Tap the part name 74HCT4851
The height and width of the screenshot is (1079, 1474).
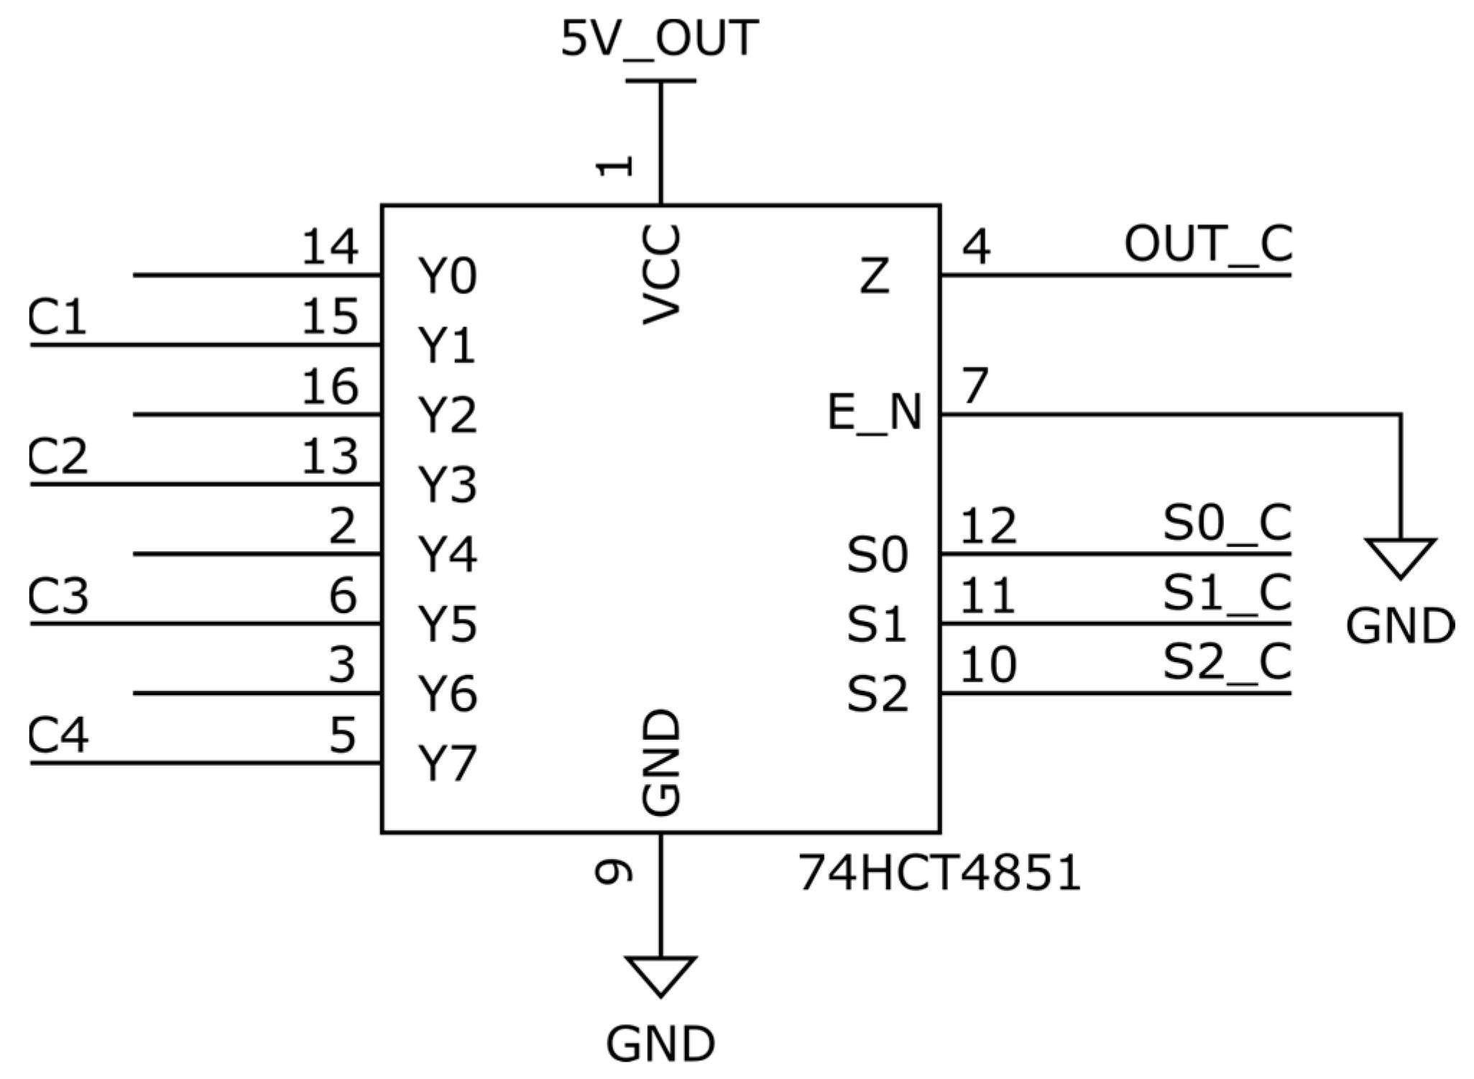pyautogui.click(x=939, y=873)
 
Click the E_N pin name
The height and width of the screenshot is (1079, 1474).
pyautogui.click(x=874, y=413)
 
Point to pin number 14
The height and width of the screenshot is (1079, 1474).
pyautogui.click(x=329, y=247)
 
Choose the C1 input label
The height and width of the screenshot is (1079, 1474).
pyautogui.click(x=57, y=317)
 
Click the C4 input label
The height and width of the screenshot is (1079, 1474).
pyautogui.click(x=57, y=735)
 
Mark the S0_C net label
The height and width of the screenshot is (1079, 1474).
pyautogui.click(x=1227, y=523)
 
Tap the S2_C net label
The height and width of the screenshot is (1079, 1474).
pyautogui.click(x=1227, y=662)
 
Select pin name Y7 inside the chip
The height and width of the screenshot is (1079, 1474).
pyautogui.click(x=447, y=763)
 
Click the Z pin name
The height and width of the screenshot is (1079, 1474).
pyautogui.click(x=875, y=276)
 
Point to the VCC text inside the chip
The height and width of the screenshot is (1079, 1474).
pyautogui.click(x=660, y=275)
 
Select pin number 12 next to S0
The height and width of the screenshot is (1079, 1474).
pyautogui.click(x=988, y=525)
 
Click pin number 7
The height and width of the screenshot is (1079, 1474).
pyautogui.click(x=975, y=386)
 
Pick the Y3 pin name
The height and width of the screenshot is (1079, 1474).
pyautogui.click(x=447, y=485)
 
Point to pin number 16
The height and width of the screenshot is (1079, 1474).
pyautogui.click(x=329, y=387)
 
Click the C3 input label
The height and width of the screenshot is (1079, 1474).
pyautogui.click(x=57, y=596)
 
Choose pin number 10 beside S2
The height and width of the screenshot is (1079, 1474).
pyautogui.click(x=988, y=664)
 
